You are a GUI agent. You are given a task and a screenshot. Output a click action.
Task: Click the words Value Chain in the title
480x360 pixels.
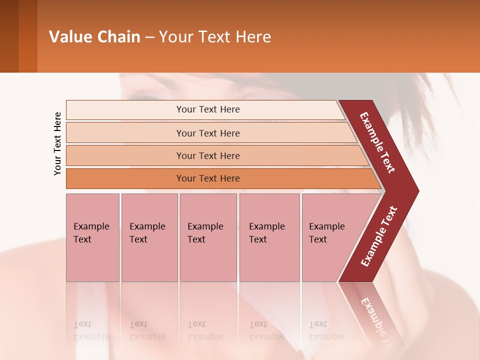[x=94, y=37]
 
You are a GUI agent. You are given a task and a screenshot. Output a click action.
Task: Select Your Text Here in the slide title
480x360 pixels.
[x=215, y=37]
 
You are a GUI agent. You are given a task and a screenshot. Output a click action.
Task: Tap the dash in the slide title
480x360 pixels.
[x=149, y=37]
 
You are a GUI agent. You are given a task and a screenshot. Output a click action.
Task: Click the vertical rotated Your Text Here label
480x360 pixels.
[x=57, y=143]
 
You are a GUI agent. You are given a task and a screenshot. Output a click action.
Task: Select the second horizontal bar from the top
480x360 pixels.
[x=208, y=133]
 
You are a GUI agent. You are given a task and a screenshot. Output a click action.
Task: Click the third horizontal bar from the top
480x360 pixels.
[x=208, y=155]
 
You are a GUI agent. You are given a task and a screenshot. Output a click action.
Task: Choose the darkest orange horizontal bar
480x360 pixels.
[x=208, y=178]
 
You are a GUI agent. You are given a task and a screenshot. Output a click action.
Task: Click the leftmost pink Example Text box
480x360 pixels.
[x=92, y=237]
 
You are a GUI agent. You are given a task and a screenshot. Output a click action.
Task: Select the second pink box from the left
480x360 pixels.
[x=149, y=237]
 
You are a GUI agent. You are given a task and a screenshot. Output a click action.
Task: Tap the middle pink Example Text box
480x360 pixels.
[x=208, y=237]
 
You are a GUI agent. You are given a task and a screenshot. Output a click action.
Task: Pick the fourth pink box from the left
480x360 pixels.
[x=269, y=237]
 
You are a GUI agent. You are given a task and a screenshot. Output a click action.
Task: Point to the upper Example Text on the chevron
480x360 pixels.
[x=377, y=142]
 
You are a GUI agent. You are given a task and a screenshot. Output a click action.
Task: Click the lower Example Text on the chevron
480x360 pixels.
[x=379, y=236]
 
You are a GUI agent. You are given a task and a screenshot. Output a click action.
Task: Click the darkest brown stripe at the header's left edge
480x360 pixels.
[x=9, y=36]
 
